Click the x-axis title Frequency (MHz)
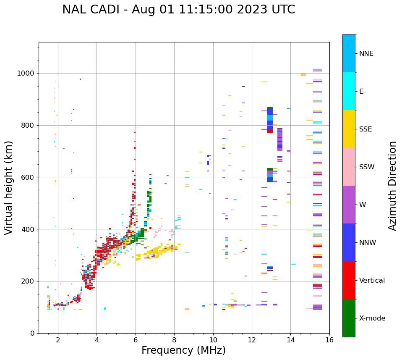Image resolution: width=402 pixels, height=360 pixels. [183, 350]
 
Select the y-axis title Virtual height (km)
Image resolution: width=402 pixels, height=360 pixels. [9, 187]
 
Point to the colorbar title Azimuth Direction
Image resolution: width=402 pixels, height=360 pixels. [392, 186]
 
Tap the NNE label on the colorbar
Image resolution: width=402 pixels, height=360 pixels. [366, 54]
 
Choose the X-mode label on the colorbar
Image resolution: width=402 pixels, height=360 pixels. [372, 318]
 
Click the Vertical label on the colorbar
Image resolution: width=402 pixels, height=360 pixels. [372, 281]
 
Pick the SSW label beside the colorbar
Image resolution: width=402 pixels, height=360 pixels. [367, 167]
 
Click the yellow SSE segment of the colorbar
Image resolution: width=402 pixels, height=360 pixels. [349, 129]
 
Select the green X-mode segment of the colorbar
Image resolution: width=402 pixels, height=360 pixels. [349, 318]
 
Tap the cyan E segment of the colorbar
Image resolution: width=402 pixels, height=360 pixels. [349, 91]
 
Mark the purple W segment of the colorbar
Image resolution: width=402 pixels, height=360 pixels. [349, 205]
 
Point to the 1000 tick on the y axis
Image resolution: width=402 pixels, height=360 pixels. [27, 74]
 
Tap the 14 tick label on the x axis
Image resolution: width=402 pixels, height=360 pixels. [290, 340]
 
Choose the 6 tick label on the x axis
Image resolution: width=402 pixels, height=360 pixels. [136, 340]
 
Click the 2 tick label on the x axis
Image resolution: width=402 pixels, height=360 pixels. [58, 340]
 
